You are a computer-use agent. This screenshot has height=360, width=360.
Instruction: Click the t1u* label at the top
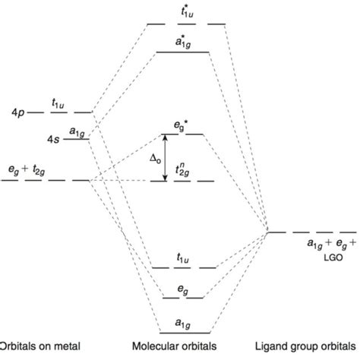tap(186, 13)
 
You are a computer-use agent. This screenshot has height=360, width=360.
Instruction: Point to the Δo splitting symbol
tap(154, 158)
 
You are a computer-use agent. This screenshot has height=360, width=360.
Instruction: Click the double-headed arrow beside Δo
tap(166, 158)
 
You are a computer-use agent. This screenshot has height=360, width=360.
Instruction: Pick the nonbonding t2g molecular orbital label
tap(183, 171)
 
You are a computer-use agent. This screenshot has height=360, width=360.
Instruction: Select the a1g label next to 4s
tap(77, 131)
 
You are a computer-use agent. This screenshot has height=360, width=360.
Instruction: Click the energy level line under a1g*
tap(184, 52)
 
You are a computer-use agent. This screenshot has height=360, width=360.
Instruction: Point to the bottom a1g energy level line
tap(185, 333)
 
